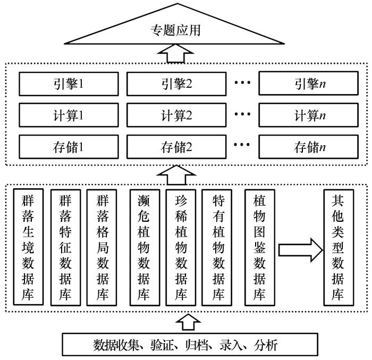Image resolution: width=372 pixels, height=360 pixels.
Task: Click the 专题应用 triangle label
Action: tap(175, 30)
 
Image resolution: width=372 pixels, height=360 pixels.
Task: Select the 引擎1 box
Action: tap(69, 84)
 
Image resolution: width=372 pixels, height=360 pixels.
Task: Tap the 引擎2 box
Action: tap(176, 84)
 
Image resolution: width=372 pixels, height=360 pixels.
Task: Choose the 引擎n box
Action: tap(308, 83)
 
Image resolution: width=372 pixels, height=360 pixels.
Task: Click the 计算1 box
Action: tap(69, 115)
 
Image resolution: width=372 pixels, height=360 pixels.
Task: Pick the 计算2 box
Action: tap(176, 115)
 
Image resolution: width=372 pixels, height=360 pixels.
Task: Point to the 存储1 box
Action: tap(69, 147)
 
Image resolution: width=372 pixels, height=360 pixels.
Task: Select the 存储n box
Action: tap(308, 147)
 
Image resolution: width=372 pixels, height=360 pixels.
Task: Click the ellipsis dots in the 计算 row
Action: tap(242, 114)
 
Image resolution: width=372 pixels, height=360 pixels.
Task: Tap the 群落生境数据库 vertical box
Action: tap(28, 247)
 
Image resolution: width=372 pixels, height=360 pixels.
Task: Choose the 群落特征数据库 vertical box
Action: tap(65, 247)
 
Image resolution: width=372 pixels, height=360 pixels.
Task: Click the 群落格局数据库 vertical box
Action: tap(102, 247)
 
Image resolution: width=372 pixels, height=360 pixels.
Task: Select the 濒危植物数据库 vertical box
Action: tap(145, 247)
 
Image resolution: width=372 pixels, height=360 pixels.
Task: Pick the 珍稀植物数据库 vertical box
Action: tap(181, 247)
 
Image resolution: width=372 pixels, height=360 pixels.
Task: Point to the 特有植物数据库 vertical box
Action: tap(217, 247)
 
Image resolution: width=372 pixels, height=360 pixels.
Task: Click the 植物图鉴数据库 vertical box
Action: tap(260, 247)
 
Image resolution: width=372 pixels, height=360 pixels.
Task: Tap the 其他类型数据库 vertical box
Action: tap(339, 247)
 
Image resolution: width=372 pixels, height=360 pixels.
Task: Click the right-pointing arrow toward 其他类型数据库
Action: tap(300, 250)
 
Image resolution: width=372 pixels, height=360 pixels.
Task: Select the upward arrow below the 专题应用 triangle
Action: tap(176, 53)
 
